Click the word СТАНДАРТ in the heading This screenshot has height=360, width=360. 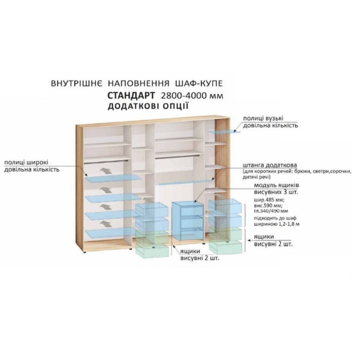pyautogui.click(x=131, y=95)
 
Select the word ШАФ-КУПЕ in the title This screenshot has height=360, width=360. pyautogui.click(x=199, y=83)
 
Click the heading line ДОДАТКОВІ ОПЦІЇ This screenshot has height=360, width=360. pyautogui.click(x=148, y=106)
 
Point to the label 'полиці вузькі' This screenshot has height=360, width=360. pyautogui.click(x=263, y=118)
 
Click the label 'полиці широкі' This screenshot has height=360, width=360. pyautogui.click(x=27, y=163)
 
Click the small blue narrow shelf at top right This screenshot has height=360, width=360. pyautogui.click(x=225, y=132)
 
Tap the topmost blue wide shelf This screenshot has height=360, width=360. pyautogui.click(x=113, y=179)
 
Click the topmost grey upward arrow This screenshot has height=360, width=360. pyautogui.click(x=106, y=171)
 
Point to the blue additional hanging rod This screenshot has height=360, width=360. pyautogui.click(x=186, y=182)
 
